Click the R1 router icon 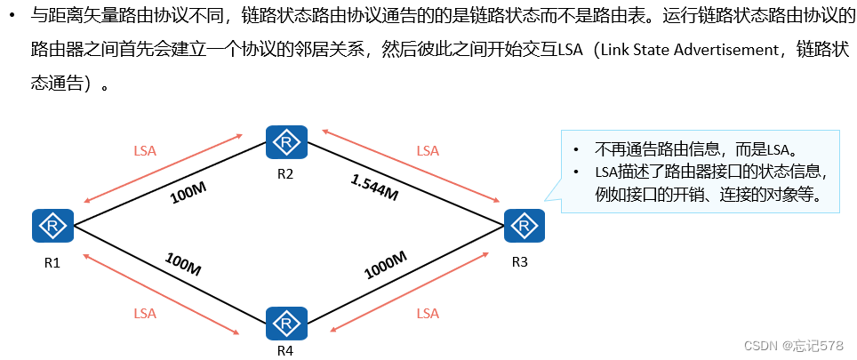[52, 226]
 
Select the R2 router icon [285, 142]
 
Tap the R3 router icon [524, 226]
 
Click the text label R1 [52, 262]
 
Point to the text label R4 [285, 350]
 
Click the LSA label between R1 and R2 [145, 151]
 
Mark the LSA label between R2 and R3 [428, 151]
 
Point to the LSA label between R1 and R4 [145, 313]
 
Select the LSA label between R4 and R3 [428, 313]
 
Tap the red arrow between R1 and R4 [160, 294]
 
